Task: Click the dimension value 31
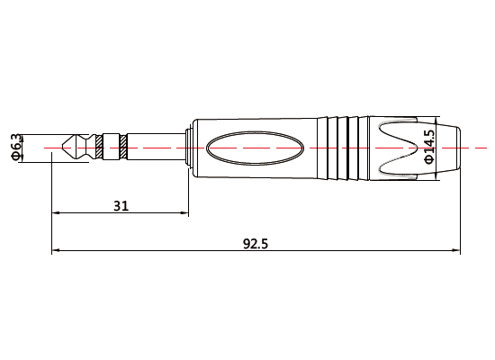click(x=121, y=205)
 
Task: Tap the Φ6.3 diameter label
click(x=15, y=146)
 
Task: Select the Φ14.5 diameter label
click(x=428, y=146)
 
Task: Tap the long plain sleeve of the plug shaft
click(x=153, y=146)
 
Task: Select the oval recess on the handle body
click(x=254, y=146)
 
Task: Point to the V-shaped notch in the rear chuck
click(x=396, y=146)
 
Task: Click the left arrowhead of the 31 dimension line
click(x=57, y=213)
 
